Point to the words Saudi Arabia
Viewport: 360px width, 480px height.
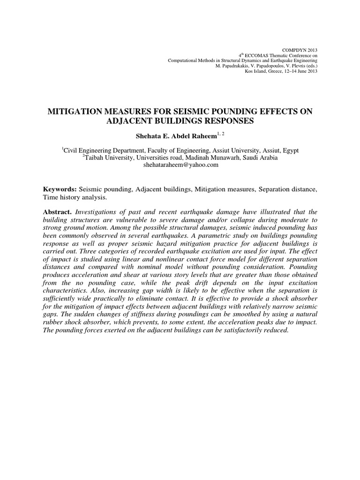click(259, 158)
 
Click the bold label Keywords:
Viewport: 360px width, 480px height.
click(60, 189)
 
